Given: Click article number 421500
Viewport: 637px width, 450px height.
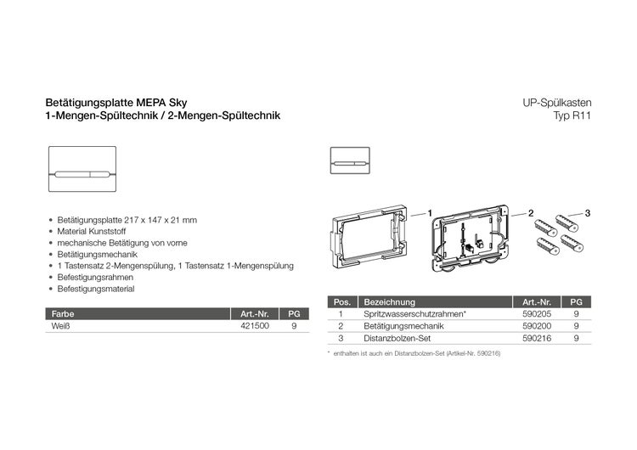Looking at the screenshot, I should click(x=255, y=324).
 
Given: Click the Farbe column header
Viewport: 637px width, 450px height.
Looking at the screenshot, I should click(x=63, y=312).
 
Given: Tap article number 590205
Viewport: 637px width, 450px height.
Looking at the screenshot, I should click(x=537, y=313).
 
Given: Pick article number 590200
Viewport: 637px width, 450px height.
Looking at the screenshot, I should click(x=537, y=325).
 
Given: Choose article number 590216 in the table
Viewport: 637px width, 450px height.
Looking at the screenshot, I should click(x=537, y=337).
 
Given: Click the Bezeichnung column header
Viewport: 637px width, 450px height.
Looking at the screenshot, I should click(x=389, y=301).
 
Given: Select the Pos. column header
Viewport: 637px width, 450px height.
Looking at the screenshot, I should click(x=341, y=301).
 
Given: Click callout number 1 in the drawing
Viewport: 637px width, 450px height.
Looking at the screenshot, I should click(x=430, y=211).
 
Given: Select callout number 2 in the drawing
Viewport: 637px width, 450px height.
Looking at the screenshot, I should click(x=530, y=211).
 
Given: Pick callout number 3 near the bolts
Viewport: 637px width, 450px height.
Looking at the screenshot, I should click(x=586, y=211).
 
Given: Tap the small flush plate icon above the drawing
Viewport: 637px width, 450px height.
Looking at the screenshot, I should click(x=349, y=160).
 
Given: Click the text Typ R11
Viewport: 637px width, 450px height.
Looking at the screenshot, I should click(x=572, y=115).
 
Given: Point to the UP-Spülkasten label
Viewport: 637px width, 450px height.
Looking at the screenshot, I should click(x=557, y=103).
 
